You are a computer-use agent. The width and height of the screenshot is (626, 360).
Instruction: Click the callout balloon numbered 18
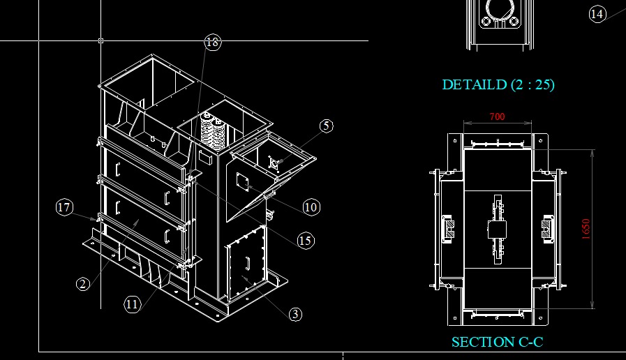point(212,41)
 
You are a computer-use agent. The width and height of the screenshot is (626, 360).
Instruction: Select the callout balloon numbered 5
point(327,126)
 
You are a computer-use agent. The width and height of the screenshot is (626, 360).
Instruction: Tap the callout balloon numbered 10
point(311,207)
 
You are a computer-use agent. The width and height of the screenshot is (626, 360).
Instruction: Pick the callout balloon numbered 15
point(306,241)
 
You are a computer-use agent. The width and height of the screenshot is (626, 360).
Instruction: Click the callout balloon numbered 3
point(295,314)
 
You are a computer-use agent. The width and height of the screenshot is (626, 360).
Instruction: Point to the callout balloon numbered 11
point(133,304)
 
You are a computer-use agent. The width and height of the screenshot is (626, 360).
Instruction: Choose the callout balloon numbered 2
point(83,284)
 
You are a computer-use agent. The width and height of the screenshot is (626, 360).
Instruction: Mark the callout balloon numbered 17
point(64,207)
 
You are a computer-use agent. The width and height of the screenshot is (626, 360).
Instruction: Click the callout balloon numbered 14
point(597,14)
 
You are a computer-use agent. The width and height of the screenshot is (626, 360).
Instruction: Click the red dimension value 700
point(497,117)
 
